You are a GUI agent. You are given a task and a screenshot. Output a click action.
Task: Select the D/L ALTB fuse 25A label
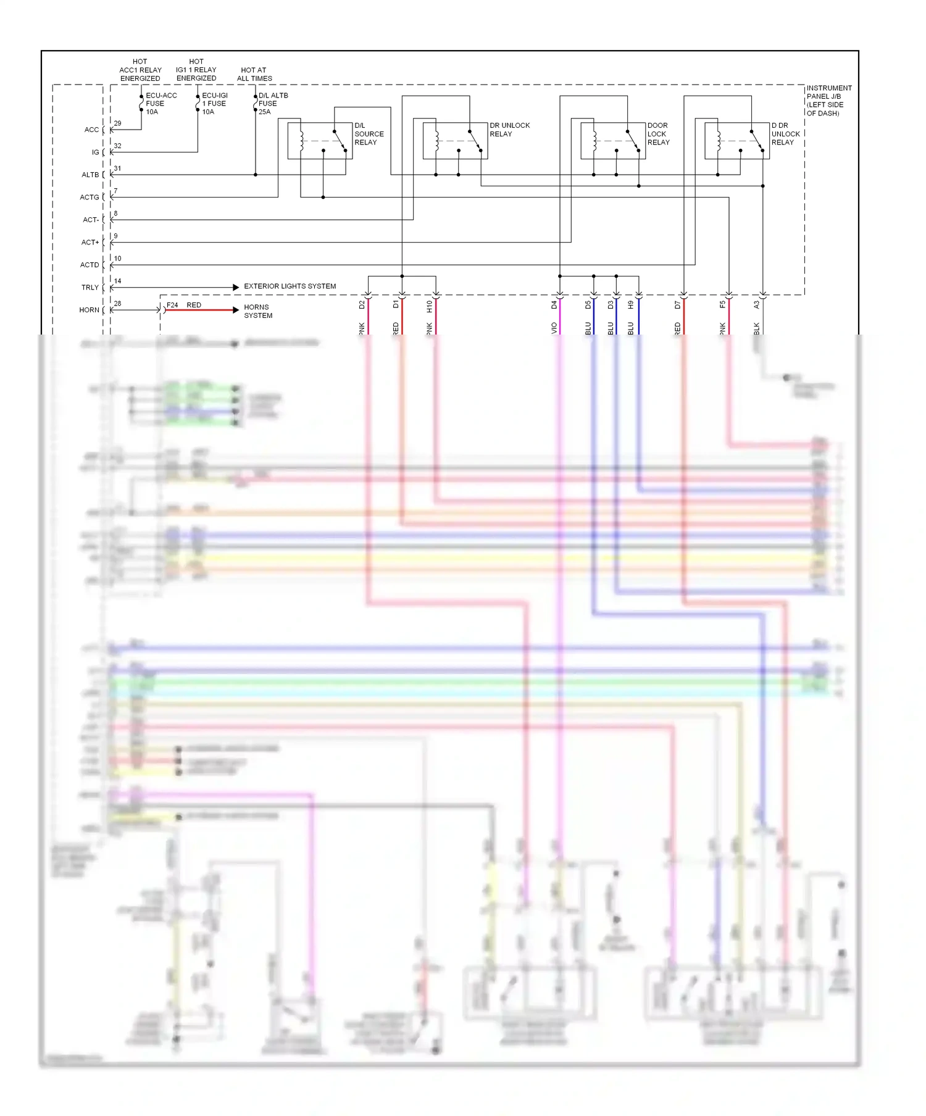click(x=272, y=104)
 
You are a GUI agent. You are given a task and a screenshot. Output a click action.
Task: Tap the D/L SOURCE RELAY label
click(x=369, y=134)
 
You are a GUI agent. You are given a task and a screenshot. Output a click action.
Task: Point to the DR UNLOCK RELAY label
click(x=509, y=130)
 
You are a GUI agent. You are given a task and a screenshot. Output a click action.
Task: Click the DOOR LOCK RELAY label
click(x=657, y=134)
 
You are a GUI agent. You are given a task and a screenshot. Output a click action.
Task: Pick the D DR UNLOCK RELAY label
click(x=785, y=134)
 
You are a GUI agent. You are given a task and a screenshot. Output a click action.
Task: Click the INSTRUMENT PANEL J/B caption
click(x=828, y=101)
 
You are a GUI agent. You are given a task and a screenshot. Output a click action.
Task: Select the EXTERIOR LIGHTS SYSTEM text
click(x=290, y=286)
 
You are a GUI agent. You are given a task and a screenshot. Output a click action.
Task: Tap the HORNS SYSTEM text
click(x=257, y=311)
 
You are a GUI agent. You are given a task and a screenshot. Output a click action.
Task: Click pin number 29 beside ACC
click(x=117, y=123)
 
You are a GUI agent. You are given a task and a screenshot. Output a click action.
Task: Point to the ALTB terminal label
click(x=90, y=175)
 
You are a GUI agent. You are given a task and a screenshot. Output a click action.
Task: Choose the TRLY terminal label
click(x=90, y=288)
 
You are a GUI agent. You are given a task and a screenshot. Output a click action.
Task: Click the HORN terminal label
click(x=89, y=310)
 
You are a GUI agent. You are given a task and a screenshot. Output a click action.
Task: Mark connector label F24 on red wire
click(x=172, y=305)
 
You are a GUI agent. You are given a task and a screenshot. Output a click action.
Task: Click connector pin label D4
click(x=554, y=305)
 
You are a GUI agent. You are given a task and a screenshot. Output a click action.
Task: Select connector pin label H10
click(x=429, y=306)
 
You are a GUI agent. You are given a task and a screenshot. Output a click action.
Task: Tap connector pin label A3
click(x=756, y=305)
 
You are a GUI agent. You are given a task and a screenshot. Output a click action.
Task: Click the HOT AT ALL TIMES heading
click(x=254, y=74)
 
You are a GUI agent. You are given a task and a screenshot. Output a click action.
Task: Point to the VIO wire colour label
click(x=554, y=328)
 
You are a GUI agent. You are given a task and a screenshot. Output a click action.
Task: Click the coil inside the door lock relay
click(x=594, y=141)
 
